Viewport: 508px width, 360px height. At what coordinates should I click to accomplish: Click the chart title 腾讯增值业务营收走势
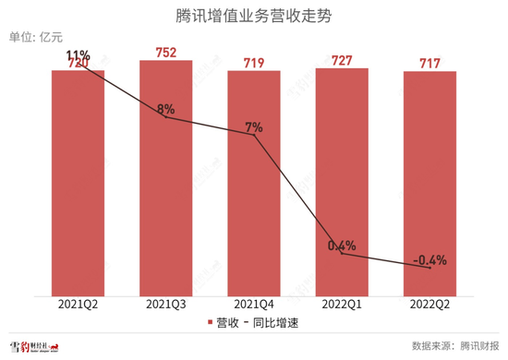point(253,16)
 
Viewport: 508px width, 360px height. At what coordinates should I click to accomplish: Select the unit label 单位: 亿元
point(35,38)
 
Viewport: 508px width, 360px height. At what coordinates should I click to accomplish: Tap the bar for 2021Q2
point(78,185)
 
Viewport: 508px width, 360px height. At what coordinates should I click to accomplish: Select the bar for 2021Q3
point(165,185)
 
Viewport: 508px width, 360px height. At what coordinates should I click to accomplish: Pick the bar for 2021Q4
point(253,185)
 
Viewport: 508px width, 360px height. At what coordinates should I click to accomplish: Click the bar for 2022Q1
point(342,185)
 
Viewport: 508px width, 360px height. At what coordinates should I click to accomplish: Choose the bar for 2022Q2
point(429,185)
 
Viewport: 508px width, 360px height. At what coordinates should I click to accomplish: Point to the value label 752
point(165,52)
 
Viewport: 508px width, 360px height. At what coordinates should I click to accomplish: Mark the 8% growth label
point(166,109)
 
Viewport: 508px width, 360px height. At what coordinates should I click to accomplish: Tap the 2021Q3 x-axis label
point(165,304)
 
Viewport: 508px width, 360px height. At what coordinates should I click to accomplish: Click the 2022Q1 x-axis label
point(342,304)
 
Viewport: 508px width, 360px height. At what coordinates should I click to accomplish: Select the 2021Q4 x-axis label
point(253,304)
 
